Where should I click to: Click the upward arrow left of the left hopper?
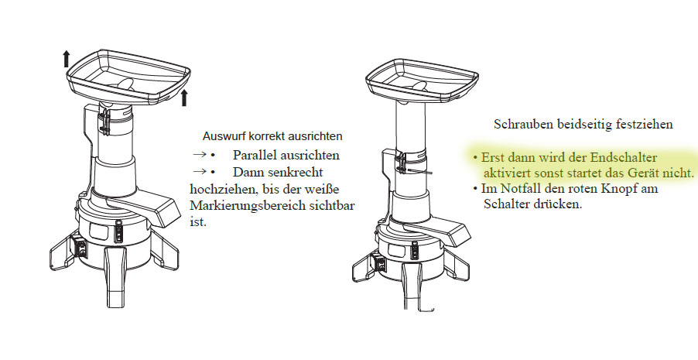point(67,58)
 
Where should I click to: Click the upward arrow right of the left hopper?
point(185,97)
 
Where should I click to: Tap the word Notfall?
point(512,188)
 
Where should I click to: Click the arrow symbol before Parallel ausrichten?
point(200,155)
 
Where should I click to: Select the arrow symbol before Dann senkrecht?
point(200,172)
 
